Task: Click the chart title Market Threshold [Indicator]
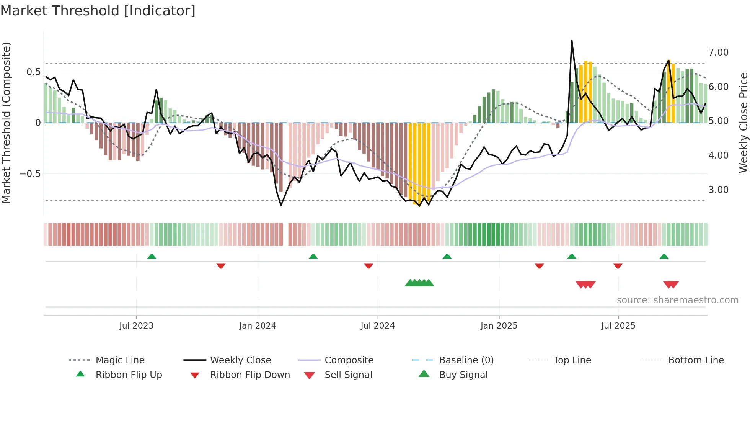pyautogui.click(x=98, y=11)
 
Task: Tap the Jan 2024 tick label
pyautogui.click(x=258, y=326)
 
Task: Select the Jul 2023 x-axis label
pyautogui.click(x=136, y=326)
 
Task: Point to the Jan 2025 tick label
pyautogui.click(x=499, y=326)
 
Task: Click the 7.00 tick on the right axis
pyautogui.click(x=718, y=52)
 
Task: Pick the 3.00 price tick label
pyautogui.click(x=718, y=190)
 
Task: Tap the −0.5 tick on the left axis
pyautogui.click(x=30, y=174)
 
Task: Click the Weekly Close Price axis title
pyautogui.click(x=743, y=123)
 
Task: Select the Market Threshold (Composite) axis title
pyautogui.click(x=6, y=123)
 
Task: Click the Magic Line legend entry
pyautogui.click(x=120, y=360)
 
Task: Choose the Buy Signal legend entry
pyautogui.click(x=463, y=375)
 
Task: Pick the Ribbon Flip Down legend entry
pyautogui.click(x=250, y=375)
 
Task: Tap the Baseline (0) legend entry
pyautogui.click(x=466, y=360)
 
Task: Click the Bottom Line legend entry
pyautogui.click(x=696, y=360)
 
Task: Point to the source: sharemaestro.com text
pyautogui.click(x=677, y=300)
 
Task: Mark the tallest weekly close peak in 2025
pyautogui.click(x=572, y=41)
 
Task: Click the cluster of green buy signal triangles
pyautogui.click(x=419, y=283)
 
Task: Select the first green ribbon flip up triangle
pyautogui.click(x=152, y=257)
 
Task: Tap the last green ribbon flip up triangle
pyautogui.click(x=664, y=257)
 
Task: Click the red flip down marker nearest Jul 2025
pyautogui.click(x=618, y=266)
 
